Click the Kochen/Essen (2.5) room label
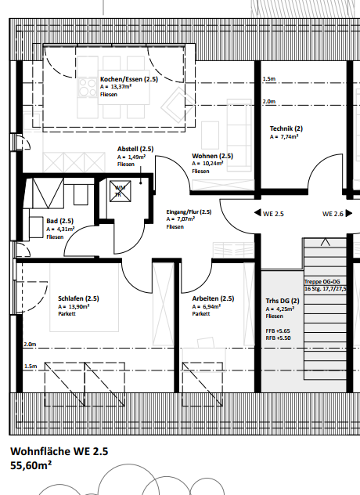click(x=129, y=79)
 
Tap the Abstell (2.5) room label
click(x=135, y=149)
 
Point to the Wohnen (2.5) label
click(x=212, y=156)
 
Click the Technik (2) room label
click(x=286, y=128)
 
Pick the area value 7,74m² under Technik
click(x=285, y=136)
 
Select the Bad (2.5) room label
click(x=59, y=221)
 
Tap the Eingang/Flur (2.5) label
click(x=189, y=211)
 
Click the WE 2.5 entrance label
click(x=273, y=213)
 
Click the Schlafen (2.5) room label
click(x=78, y=298)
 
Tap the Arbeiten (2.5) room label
click(x=213, y=298)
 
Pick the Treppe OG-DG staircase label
click(x=322, y=280)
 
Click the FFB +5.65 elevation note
click(x=279, y=331)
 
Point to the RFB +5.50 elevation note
click(x=279, y=338)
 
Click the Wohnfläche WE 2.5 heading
click(x=59, y=451)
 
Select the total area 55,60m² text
click(x=31, y=465)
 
